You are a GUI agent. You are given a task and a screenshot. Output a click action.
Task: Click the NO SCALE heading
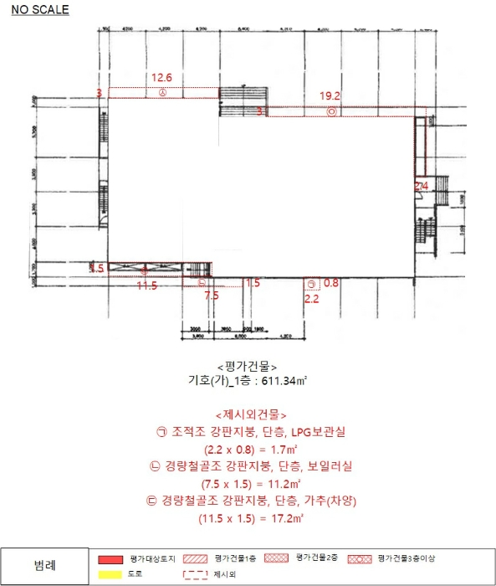point(40,10)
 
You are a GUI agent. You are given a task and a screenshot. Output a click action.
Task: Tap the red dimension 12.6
point(161,79)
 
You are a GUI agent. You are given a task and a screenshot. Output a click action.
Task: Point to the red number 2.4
point(422,184)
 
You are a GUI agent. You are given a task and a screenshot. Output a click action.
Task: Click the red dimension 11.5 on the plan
point(147,285)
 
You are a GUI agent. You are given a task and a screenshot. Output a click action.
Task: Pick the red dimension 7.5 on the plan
point(212,296)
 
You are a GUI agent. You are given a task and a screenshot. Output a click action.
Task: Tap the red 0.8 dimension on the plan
point(331,283)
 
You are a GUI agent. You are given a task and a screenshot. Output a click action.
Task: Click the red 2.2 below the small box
point(311,298)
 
